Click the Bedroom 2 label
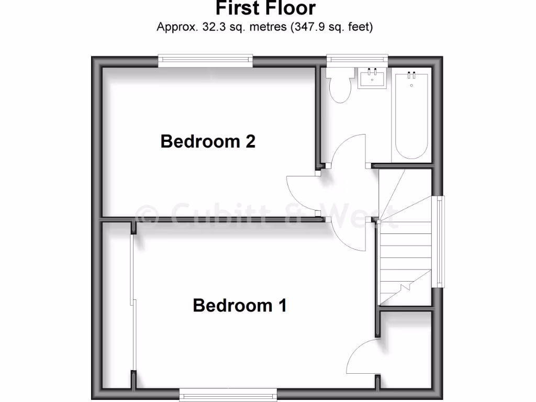tap(208, 141)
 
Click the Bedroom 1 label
tap(240, 305)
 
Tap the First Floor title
tap(266, 8)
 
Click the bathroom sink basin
tap(373, 80)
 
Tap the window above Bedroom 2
tap(206, 61)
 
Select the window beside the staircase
tap(440, 241)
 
